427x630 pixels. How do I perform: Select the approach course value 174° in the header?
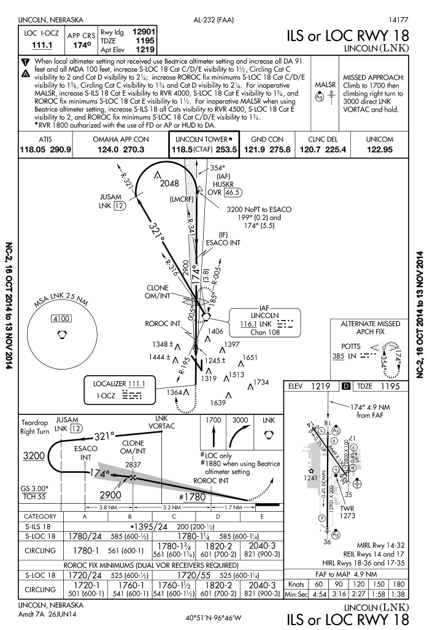(77, 45)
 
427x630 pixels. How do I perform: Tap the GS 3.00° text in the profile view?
(34, 489)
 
